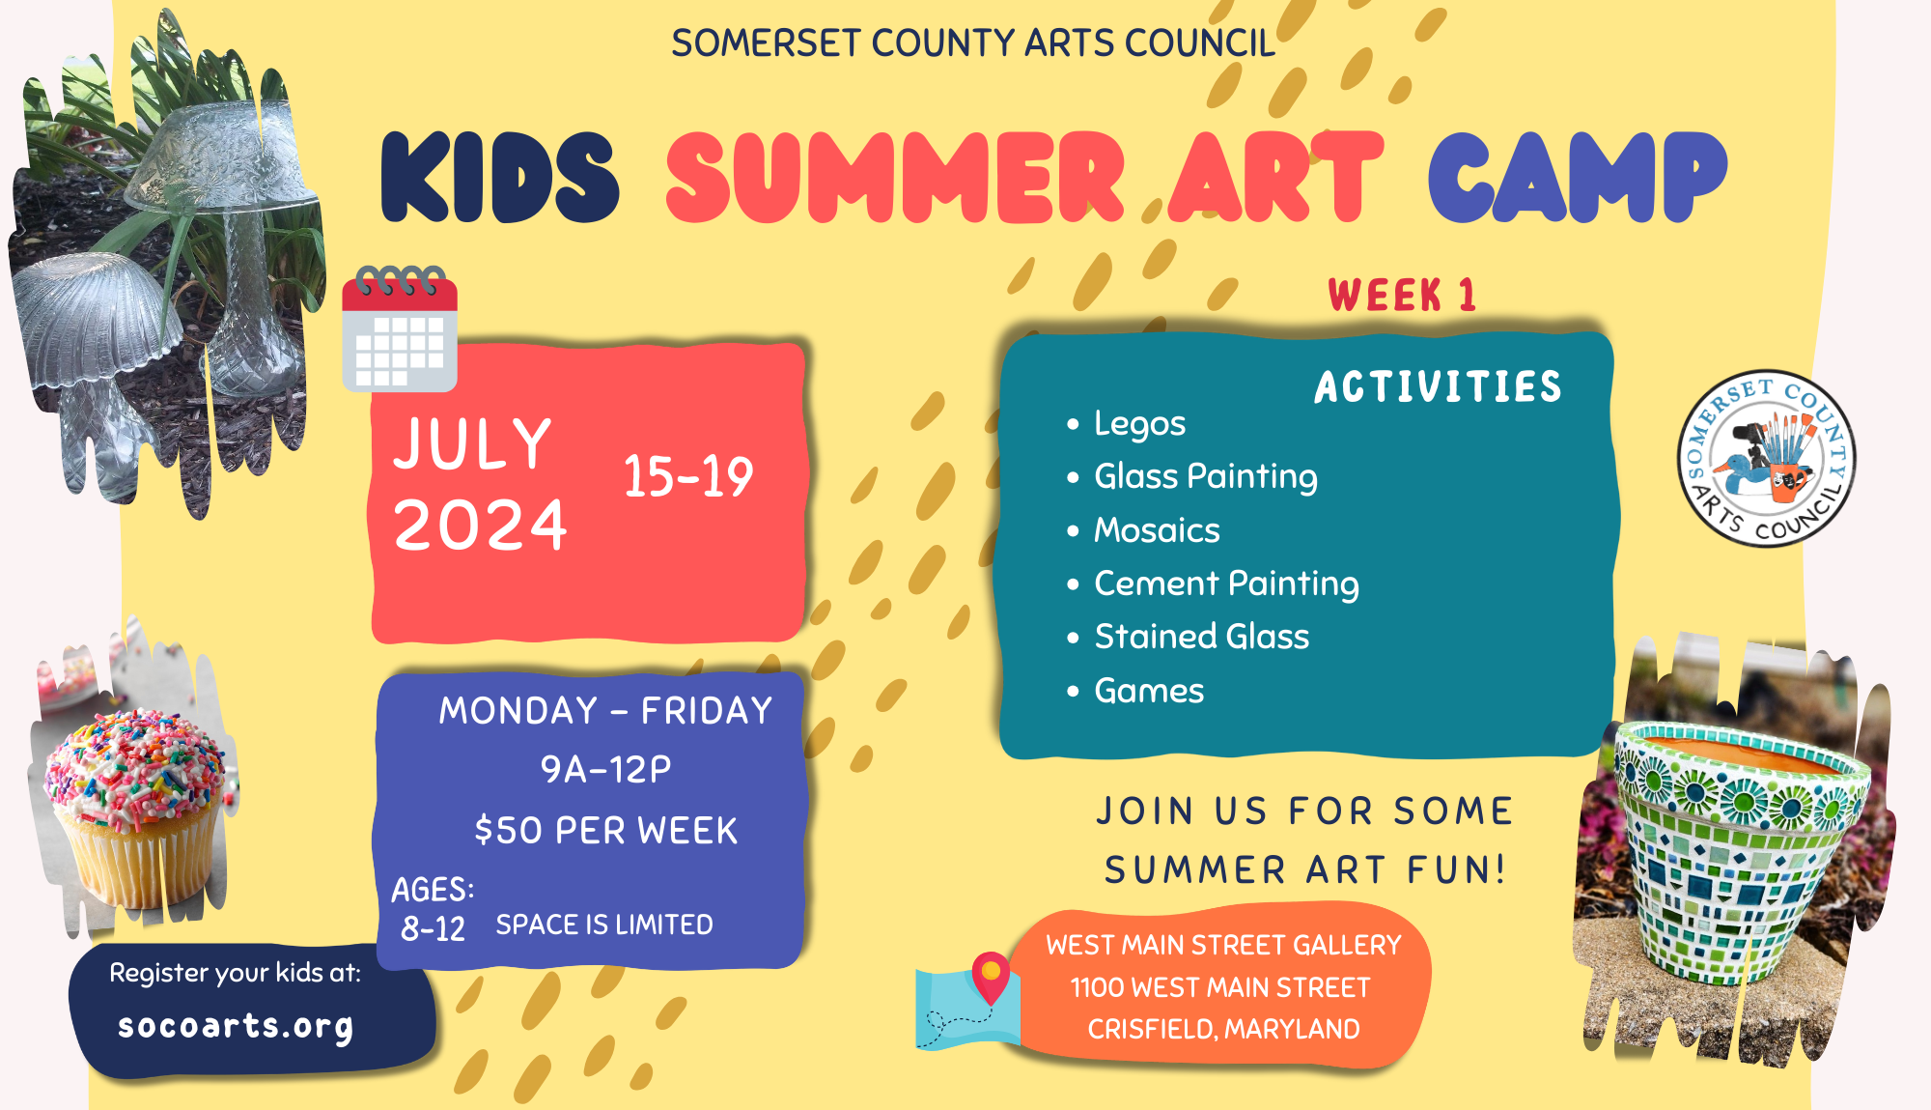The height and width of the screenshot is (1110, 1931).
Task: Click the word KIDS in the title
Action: (x=499, y=178)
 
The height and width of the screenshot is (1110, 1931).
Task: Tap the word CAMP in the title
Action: (x=1577, y=178)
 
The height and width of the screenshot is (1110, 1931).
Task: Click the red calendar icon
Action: (x=400, y=329)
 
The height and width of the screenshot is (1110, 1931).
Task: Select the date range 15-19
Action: (x=687, y=477)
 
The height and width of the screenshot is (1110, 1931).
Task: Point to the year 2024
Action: (x=480, y=527)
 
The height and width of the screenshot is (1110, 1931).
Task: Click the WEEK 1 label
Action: (x=1402, y=296)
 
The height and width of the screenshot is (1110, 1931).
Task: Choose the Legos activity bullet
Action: (x=1139, y=423)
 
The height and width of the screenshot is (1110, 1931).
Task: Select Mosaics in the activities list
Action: (x=1157, y=530)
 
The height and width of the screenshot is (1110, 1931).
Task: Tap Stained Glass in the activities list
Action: (x=1201, y=637)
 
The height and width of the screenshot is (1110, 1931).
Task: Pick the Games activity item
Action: (x=1149, y=691)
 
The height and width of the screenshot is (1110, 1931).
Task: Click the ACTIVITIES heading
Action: (x=1438, y=387)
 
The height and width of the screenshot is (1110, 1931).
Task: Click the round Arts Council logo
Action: (x=1766, y=459)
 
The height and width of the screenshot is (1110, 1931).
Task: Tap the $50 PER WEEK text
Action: (x=606, y=831)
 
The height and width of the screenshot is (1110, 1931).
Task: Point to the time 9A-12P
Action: (x=606, y=770)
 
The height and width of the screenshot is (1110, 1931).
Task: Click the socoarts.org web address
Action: (x=236, y=1026)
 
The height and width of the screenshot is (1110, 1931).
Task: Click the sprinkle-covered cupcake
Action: (x=136, y=797)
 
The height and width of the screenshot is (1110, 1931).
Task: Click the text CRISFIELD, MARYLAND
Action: (x=1223, y=1030)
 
